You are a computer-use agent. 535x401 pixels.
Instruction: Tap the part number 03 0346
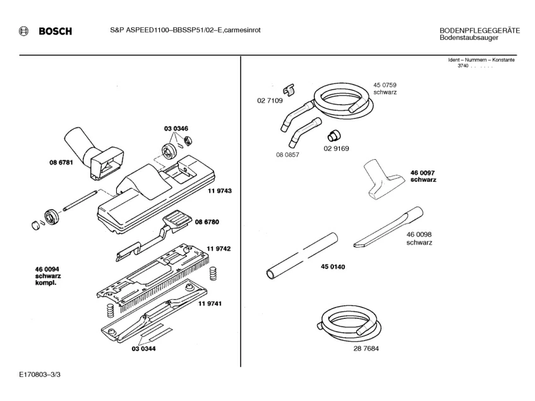pos(176,129)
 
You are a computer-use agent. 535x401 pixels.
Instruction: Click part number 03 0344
pos(144,349)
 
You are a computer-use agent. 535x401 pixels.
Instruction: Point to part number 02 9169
pos(336,149)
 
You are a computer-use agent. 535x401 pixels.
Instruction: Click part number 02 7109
pos(269,100)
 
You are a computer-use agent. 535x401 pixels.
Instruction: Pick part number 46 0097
pos(423,172)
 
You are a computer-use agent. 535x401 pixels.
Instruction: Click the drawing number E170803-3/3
pos(40,375)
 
